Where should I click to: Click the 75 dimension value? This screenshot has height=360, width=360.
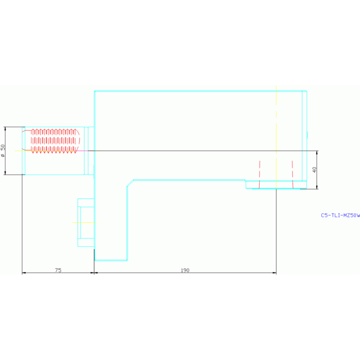coord(58,270)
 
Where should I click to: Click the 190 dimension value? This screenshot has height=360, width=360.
coord(185,270)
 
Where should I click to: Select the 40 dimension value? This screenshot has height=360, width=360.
coord(314,170)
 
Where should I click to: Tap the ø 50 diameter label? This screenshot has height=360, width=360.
coord(3,151)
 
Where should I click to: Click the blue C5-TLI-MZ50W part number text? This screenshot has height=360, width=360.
coord(340,215)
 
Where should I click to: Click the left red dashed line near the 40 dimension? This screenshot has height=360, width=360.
coord(260,175)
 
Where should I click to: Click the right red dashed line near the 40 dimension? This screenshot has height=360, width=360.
coord(292,175)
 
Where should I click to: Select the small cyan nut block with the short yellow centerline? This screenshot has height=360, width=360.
coord(86,222)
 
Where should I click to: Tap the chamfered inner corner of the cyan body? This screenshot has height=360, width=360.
coord(130,183)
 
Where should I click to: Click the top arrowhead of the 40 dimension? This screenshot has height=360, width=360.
coord(317,153)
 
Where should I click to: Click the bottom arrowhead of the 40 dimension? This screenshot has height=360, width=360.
coord(317,187)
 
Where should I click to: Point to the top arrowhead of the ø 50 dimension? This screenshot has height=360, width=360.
coord(5,129)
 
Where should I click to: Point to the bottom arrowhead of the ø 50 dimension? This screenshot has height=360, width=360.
coord(5,173)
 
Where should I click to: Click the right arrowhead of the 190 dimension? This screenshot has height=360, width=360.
coord(274,273)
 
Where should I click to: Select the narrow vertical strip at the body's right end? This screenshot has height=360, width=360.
coord(305,136)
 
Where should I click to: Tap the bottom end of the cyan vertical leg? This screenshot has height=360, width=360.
coord(111,260)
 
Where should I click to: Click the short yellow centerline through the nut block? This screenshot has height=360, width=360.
coord(84,222)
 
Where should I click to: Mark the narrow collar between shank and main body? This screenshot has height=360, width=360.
coord(86,151)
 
